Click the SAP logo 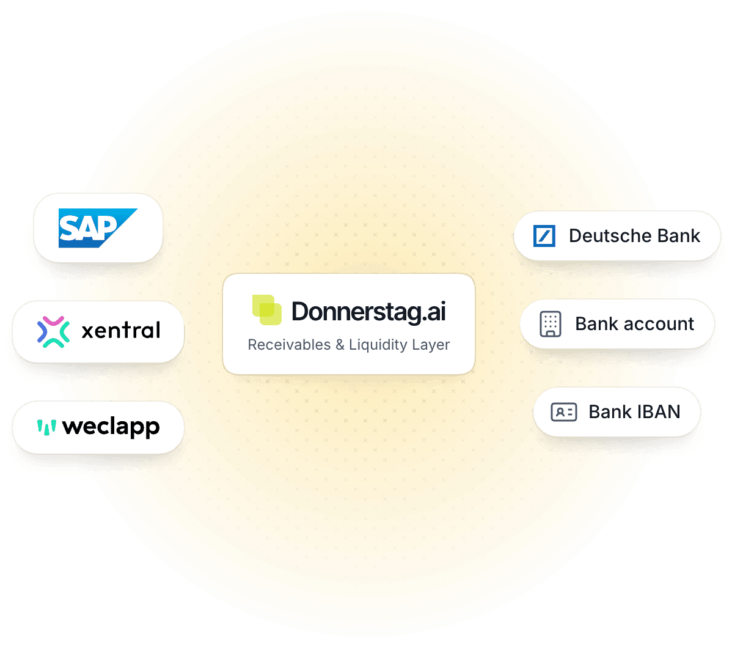tap(97, 228)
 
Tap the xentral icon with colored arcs tap(53, 331)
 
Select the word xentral tap(121, 331)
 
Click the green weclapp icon tap(46, 426)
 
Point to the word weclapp tap(111, 427)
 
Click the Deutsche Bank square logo tap(544, 236)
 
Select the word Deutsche tap(601, 236)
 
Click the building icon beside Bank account tap(550, 324)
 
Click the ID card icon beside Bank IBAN tap(563, 412)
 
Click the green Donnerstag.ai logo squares tap(267, 310)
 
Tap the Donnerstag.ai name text tap(368, 311)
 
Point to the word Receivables tap(288, 345)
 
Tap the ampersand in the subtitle tap(340, 345)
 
